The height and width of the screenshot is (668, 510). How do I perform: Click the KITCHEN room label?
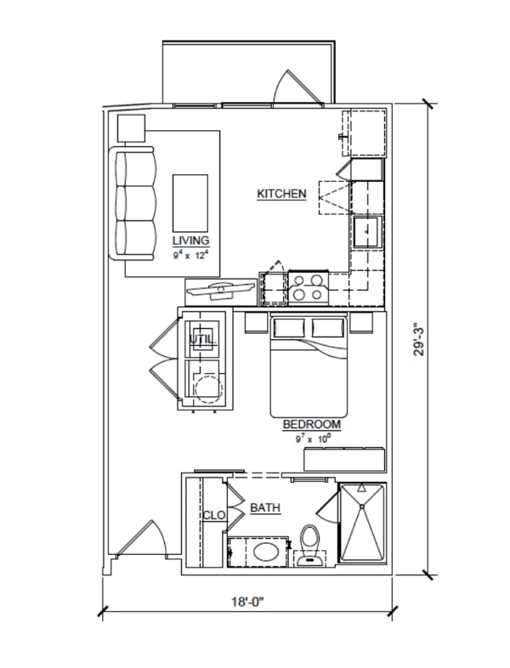[x=281, y=194]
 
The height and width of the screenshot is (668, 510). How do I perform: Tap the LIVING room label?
[x=191, y=241]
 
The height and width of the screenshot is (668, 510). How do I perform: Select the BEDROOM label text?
[x=312, y=424]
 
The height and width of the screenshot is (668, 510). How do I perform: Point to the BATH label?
[x=265, y=508]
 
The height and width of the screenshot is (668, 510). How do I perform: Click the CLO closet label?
[x=214, y=516]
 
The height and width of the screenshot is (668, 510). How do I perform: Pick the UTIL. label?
[x=203, y=340]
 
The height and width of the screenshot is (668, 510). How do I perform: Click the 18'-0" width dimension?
[x=248, y=602]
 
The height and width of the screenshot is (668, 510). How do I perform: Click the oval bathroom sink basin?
[x=267, y=552]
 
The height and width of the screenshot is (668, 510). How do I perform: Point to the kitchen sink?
[x=367, y=232]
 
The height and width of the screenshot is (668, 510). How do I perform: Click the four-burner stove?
[x=309, y=287]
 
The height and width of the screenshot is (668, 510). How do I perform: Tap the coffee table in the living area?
[x=190, y=203]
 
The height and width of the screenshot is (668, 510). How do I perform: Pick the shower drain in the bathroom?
[x=362, y=507]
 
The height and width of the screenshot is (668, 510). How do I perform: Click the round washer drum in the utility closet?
[x=209, y=388]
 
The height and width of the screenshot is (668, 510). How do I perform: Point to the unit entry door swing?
[x=140, y=538]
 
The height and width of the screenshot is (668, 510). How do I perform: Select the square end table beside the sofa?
[x=131, y=128]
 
